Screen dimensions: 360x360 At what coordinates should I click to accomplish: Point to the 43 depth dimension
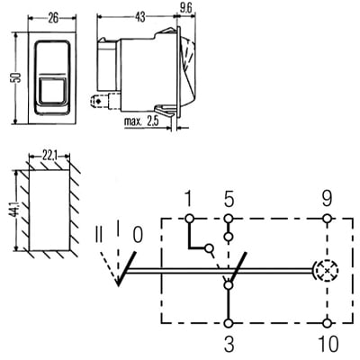click(x=140, y=16)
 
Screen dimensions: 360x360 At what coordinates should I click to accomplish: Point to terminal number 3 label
click(x=229, y=342)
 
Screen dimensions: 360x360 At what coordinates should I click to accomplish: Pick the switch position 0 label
click(x=137, y=236)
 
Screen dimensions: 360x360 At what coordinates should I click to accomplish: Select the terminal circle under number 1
click(x=188, y=219)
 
